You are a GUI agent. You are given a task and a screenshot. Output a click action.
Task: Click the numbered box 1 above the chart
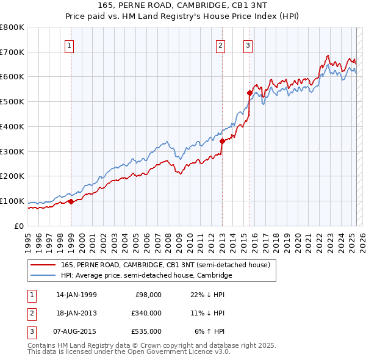pos(70,45)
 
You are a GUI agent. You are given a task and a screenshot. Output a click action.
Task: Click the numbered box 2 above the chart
pos(220,45)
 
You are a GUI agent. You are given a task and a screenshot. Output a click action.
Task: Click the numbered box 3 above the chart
pos(248,45)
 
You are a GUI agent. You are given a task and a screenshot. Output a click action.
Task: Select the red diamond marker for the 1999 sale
pos(71,201)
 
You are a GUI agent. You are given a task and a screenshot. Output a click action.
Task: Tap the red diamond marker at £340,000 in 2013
pos(222,141)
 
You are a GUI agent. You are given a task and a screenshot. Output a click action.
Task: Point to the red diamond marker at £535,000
pos(249,93)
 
